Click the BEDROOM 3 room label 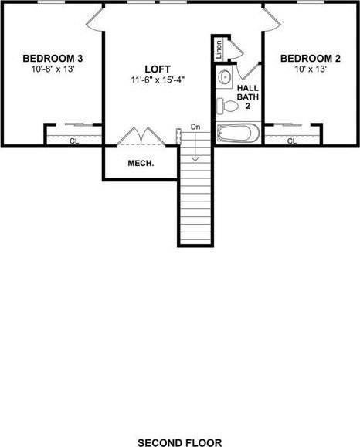pyautogui.click(x=53, y=58)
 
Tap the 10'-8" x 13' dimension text pyautogui.click(x=53, y=69)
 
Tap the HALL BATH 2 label pyautogui.click(x=252, y=97)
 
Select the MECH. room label pyautogui.click(x=141, y=164)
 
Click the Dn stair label pyautogui.click(x=195, y=127)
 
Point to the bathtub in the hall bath pyautogui.click(x=238, y=134)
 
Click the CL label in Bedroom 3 pyautogui.click(x=74, y=141)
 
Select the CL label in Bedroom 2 pyautogui.click(x=292, y=141)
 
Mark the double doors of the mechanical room pyautogui.click(x=140, y=136)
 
